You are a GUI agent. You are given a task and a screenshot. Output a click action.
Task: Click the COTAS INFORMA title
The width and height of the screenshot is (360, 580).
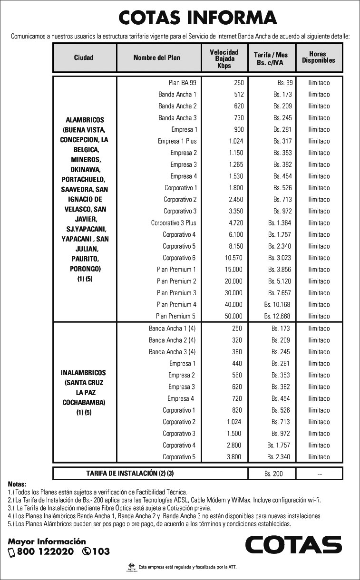pos(198,18)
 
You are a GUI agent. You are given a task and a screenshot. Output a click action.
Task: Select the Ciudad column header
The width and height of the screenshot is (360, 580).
pos(84,58)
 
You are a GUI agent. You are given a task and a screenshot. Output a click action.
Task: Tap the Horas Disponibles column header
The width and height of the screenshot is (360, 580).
pos(318,58)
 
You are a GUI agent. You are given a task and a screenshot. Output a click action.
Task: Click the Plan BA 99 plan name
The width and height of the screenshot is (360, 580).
pos(183,83)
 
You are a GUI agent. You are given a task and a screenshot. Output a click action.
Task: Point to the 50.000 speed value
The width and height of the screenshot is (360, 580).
pos(233,316)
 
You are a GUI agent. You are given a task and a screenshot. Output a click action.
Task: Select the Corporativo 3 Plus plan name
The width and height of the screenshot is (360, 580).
pos(174,223)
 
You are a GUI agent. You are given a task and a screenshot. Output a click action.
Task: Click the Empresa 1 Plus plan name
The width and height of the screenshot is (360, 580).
pos(177,141)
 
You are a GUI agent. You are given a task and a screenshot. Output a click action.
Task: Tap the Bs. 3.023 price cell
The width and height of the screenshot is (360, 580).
pos(280,258)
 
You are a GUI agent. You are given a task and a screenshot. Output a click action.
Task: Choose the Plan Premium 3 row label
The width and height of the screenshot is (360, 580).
pos(176,293)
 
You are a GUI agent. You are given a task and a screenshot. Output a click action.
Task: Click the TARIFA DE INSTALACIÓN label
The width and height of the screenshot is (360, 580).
pos(130,474)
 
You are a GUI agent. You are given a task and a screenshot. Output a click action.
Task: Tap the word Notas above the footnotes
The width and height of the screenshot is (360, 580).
pos(17,484)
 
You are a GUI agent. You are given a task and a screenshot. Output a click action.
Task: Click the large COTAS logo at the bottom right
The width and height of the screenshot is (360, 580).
pos(293,545)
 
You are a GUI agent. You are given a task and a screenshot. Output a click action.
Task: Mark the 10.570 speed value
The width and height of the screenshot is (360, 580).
pos(233,258)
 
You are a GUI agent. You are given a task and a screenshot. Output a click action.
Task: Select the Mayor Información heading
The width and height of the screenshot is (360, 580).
pos(47,541)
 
